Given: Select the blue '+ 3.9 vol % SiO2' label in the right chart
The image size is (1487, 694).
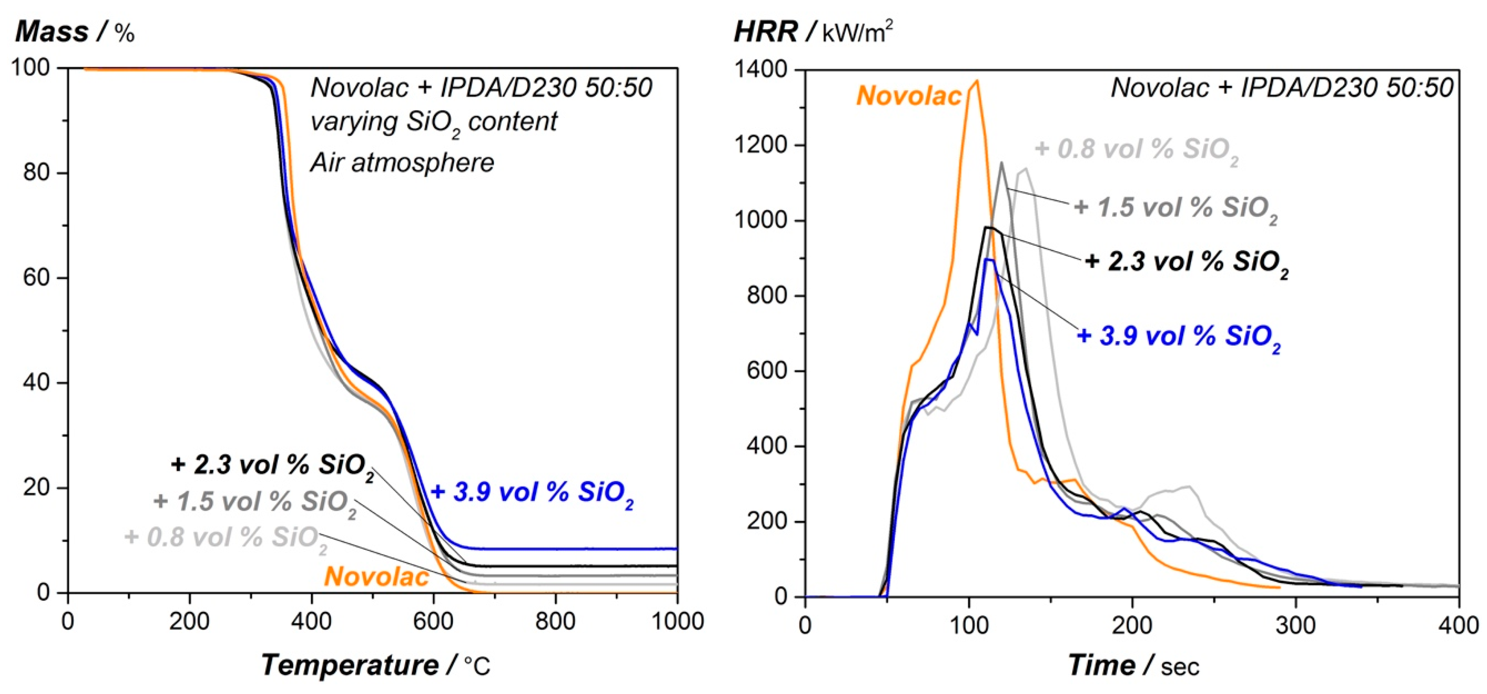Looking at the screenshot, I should coord(1179,337).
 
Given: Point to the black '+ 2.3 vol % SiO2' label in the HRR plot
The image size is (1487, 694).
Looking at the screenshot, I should coord(1186,262).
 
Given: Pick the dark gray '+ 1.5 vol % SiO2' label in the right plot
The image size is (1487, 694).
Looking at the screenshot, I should coord(1175,208).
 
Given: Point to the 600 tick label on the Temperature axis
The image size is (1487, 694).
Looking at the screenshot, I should coord(433,622).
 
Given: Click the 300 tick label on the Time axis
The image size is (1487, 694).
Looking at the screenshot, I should coord(1296,625).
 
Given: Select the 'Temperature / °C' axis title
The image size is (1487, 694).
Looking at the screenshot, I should coord(375,665).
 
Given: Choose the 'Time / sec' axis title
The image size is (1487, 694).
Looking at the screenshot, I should coord(1133,666).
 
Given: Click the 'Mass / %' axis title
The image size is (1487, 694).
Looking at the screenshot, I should coord(75,32).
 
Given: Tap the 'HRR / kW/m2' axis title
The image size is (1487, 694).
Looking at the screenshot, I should coord(813,32).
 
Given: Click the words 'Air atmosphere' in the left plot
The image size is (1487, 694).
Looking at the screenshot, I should coord(402,163).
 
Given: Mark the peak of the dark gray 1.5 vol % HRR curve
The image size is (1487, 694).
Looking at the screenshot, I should coord(1001,163).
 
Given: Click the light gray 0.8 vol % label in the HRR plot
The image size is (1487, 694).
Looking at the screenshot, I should coord(1136,150).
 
